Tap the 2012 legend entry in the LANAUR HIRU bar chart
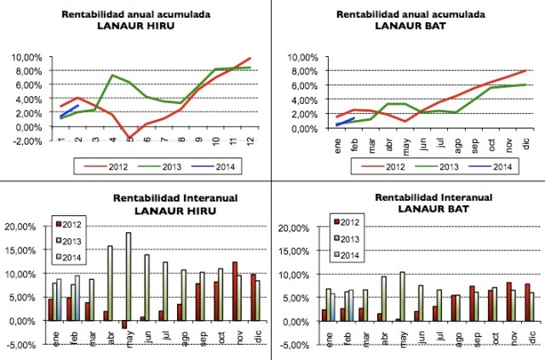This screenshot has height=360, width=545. pos(72,224)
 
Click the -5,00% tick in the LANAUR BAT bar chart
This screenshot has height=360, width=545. pos(292,345)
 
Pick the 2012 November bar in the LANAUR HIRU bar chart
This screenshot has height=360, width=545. pos(235,291)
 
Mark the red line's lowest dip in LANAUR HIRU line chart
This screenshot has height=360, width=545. pos(129,138)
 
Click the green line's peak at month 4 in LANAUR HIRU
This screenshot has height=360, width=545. pos(112,76)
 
